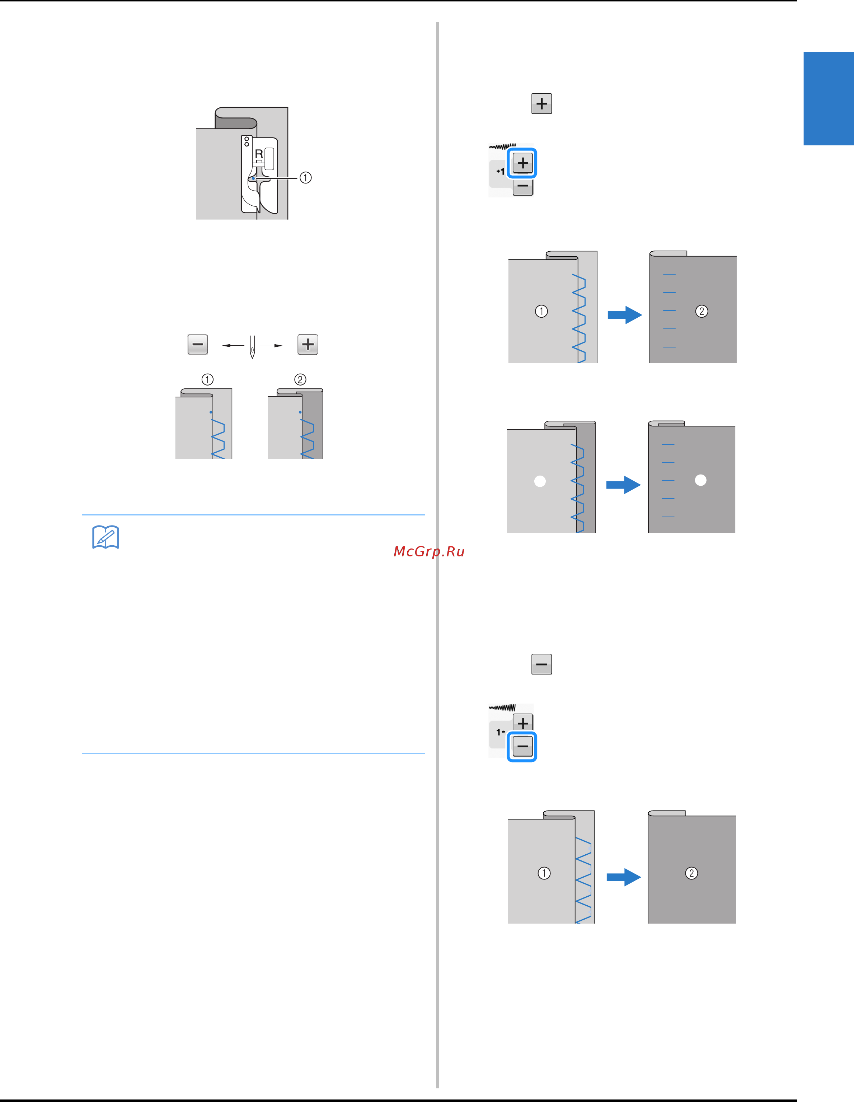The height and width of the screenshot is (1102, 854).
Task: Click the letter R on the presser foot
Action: [259, 154]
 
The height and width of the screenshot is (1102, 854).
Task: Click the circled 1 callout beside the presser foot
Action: [306, 178]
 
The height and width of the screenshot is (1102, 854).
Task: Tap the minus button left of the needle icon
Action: [198, 344]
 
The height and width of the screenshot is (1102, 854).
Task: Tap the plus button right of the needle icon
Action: [308, 344]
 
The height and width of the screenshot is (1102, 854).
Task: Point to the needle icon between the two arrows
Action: [252, 347]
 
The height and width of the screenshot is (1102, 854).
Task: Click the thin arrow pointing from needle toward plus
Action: [271, 346]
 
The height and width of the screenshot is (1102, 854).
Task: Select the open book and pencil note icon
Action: [105, 537]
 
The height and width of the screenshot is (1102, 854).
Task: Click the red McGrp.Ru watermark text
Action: [429, 551]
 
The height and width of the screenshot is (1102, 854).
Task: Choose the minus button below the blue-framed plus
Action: [523, 187]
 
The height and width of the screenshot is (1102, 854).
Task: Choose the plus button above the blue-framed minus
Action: [523, 723]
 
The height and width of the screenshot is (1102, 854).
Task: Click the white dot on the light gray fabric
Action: [540, 481]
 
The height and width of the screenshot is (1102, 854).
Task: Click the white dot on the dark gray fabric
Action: [701, 480]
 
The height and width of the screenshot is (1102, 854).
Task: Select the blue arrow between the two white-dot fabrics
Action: [624, 485]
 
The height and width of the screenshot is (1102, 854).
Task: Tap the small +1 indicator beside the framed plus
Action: [501, 172]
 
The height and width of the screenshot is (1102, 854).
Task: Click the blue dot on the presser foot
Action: [253, 178]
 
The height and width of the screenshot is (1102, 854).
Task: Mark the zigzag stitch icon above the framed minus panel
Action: [502, 708]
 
